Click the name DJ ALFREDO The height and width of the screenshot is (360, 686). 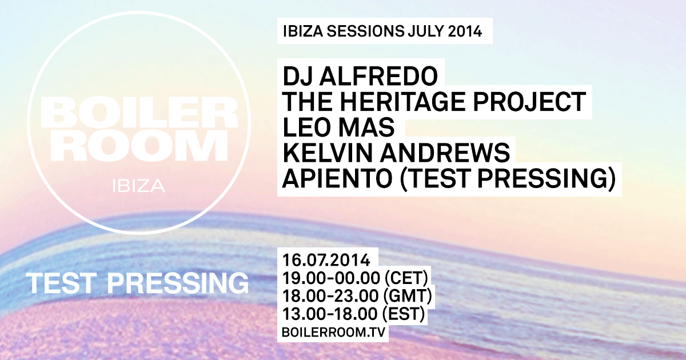360,76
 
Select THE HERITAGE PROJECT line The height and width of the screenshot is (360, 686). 434,102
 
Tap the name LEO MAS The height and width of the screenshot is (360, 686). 338,127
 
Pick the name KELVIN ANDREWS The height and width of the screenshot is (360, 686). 396,153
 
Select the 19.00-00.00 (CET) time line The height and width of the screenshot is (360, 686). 355,278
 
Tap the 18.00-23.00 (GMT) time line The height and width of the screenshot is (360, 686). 356,297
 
